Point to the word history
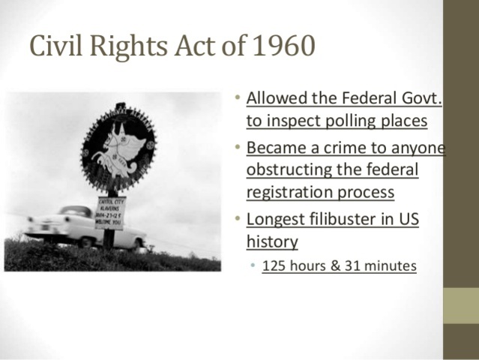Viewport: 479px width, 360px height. point(272,241)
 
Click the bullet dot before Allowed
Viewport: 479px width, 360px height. point(236,98)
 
